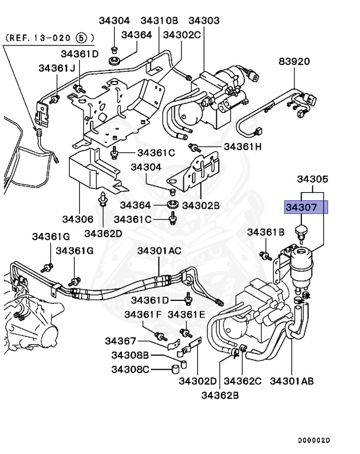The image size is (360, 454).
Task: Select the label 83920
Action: click(294, 61)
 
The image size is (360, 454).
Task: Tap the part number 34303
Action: click(203, 21)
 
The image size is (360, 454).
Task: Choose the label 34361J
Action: click(57, 68)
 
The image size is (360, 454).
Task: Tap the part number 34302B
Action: click(200, 205)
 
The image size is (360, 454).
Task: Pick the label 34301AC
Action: click(160, 251)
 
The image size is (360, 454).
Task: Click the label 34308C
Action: click(130, 370)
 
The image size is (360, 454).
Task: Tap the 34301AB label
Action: click(292, 380)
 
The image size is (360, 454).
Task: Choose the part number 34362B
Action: click(220, 394)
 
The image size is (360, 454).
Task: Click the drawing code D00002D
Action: click(314, 440)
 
